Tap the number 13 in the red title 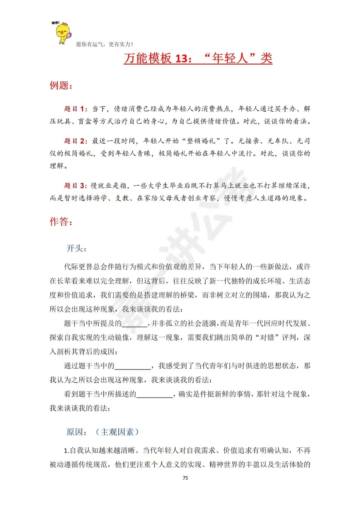click(x=181, y=59)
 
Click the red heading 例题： click(x=61, y=86)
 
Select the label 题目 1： click(x=76, y=109)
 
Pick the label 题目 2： click(x=76, y=141)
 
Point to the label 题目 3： click(x=76, y=186)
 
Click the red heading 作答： click(x=61, y=222)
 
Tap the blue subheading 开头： click(x=76, y=248)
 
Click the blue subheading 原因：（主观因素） click(x=103, y=432)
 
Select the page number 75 click(x=185, y=478)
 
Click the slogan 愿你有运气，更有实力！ click(x=105, y=44)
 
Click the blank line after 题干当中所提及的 click(x=134, y=324)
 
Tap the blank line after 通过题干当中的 click(x=133, y=366)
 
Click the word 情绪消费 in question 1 click(x=128, y=109)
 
